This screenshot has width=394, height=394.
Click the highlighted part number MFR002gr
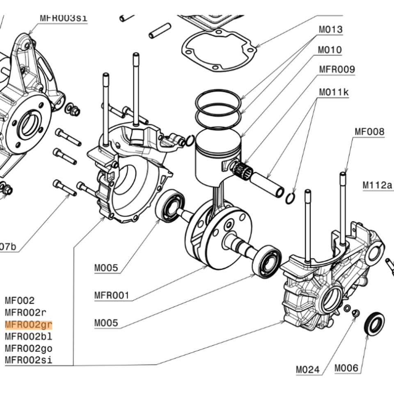(x=29, y=325)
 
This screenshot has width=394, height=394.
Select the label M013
(x=330, y=30)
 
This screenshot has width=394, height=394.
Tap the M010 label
(x=330, y=50)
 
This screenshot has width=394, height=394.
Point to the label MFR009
(x=337, y=69)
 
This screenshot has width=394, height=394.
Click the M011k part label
(x=334, y=92)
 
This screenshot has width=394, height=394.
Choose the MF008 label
(x=369, y=132)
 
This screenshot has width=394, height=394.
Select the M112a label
(x=377, y=185)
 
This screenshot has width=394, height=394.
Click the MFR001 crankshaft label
(x=112, y=295)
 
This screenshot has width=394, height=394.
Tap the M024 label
(x=307, y=369)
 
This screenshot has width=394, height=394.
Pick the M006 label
(x=346, y=368)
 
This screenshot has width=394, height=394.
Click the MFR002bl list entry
(x=29, y=337)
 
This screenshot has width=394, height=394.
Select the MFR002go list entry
(x=29, y=348)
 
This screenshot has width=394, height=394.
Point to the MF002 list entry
(x=20, y=301)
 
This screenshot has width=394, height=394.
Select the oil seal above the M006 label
(x=374, y=324)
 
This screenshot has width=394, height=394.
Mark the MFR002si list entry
(x=29, y=360)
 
